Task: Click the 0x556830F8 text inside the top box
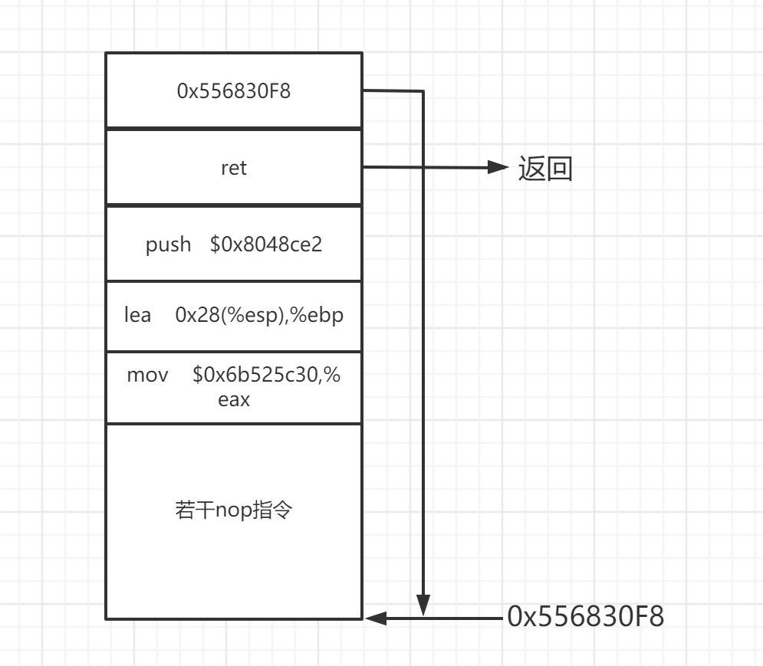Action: [234, 91]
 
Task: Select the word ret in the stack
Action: [234, 168]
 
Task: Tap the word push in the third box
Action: [169, 244]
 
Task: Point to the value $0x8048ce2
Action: [266, 244]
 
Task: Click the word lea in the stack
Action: [138, 315]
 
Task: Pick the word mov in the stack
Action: [146, 376]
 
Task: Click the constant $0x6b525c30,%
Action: [266, 376]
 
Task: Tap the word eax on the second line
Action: [234, 399]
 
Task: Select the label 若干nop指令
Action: [234, 510]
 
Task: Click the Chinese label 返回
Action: [545, 169]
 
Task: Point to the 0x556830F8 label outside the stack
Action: [585, 616]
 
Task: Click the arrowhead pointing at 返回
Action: [499, 167]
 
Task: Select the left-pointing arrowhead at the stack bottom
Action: [376, 618]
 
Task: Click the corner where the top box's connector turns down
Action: [423, 91]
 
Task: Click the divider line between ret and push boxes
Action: [234, 205]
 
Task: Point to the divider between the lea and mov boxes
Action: [234, 352]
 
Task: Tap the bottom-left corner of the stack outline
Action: [106, 618]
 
